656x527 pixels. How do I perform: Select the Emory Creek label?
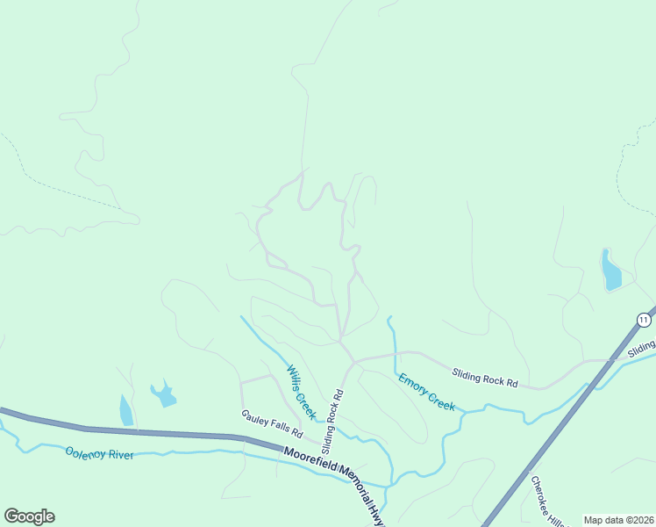pyautogui.click(x=426, y=392)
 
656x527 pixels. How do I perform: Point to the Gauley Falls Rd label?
pyautogui.click(x=272, y=424)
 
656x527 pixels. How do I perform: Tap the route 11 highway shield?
pyautogui.click(x=644, y=318)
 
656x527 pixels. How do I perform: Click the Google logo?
pyautogui.click(x=29, y=516)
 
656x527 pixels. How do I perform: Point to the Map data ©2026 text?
pyautogui.click(x=618, y=520)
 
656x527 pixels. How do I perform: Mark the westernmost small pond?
pyautogui.click(x=126, y=409)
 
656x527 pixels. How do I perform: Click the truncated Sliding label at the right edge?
pyautogui.click(x=642, y=350)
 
